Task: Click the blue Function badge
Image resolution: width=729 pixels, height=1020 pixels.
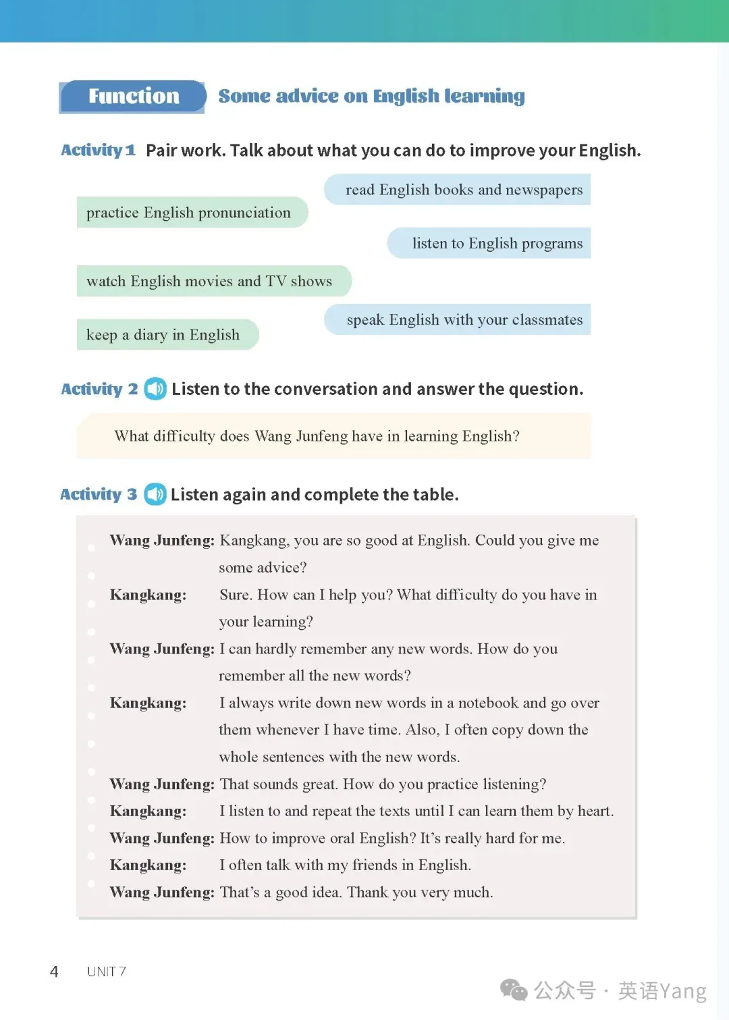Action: point(134,97)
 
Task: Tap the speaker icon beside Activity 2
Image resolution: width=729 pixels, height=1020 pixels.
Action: point(155,389)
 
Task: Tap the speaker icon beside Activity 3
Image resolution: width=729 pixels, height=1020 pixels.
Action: point(155,494)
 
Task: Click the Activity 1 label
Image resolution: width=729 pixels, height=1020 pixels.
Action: point(99,150)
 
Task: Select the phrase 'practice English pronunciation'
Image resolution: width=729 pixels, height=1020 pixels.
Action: point(188,213)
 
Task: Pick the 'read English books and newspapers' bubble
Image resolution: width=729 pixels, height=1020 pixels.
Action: point(464,190)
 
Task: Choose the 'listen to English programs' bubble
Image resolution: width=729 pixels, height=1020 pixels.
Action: point(497,243)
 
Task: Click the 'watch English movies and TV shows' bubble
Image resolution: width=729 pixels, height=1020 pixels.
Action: point(209,281)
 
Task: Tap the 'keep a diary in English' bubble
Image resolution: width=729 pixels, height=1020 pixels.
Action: point(163,335)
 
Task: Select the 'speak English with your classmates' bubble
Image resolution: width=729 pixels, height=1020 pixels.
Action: point(464,319)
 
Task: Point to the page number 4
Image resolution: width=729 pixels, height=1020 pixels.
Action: point(54,971)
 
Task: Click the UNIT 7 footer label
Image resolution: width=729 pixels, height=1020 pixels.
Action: point(106,971)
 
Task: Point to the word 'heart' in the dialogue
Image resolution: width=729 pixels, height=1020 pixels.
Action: point(594,811)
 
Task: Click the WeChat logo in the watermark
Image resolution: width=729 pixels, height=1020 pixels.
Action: point(514,990)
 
